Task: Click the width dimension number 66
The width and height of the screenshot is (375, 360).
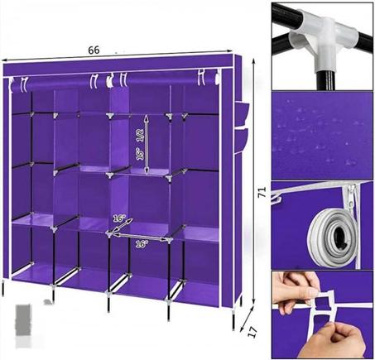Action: click(x=94, y=50)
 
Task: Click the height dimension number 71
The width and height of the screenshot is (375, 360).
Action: click(x=262, y=192)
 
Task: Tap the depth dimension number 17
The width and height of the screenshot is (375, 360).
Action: click(x=252, y=332)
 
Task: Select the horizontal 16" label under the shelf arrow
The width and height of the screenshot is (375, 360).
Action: click(x=142, y=244)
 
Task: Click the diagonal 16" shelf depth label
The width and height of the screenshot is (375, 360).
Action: click(x=119, y=218)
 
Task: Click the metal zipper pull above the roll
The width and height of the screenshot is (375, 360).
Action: click(x=351, y=197)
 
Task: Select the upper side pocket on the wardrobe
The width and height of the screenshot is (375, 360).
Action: click(x=242, y=113)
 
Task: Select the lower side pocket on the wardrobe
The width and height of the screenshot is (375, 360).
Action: click(x=242, y=140)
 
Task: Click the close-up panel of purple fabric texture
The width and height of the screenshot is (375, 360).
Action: click(x=322, y=136)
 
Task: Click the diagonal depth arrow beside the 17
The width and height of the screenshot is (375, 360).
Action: click(x=247, y=317)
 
